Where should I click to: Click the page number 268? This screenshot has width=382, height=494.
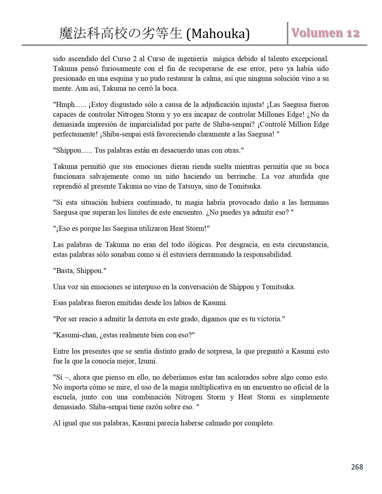tap(357, 467)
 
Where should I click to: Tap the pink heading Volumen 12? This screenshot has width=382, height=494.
tap(326, 33)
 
